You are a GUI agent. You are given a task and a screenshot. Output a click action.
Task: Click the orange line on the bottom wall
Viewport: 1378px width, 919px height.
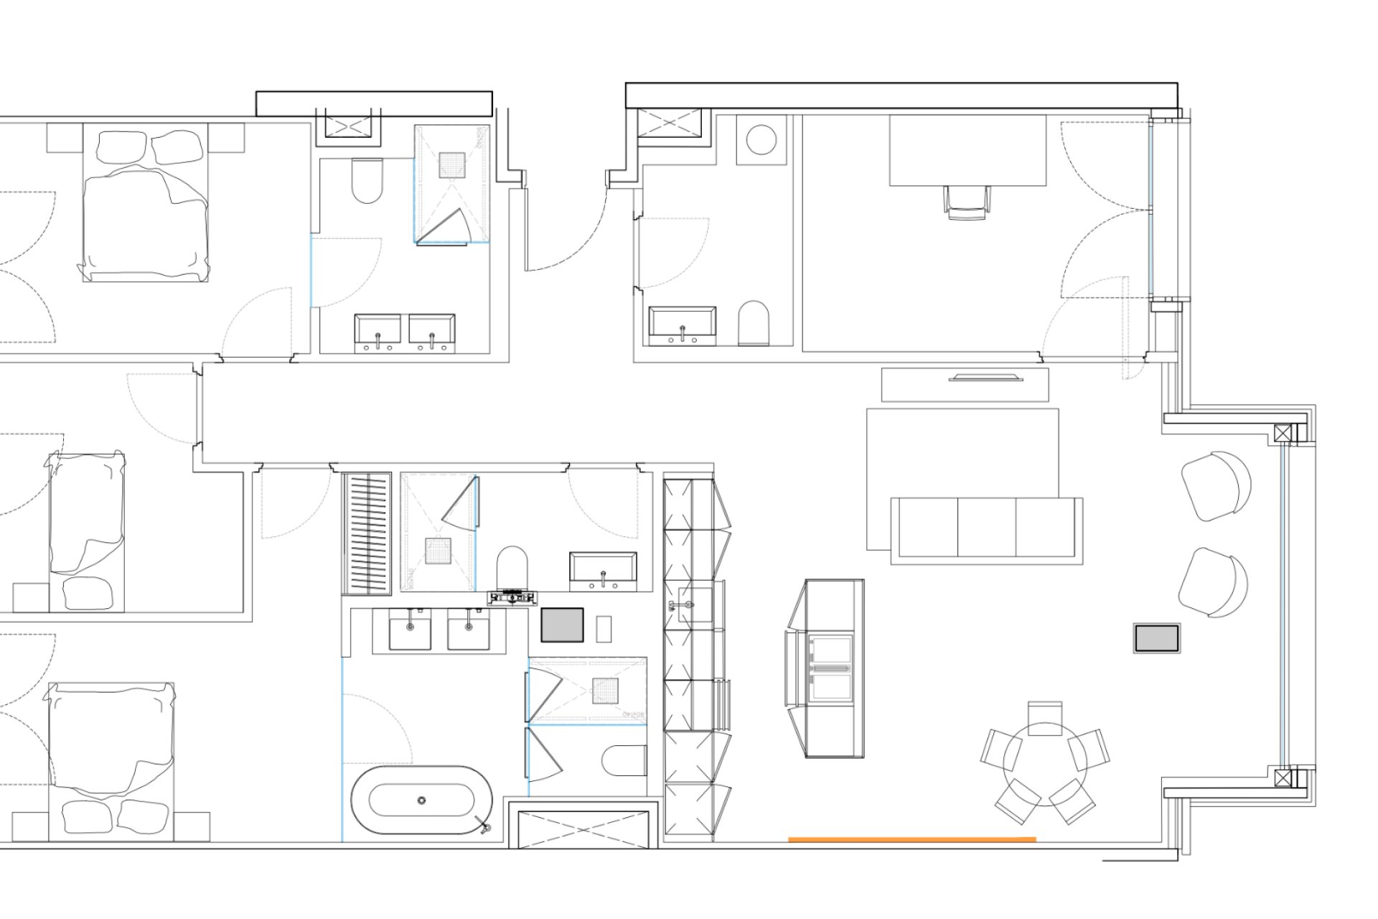(911, 839)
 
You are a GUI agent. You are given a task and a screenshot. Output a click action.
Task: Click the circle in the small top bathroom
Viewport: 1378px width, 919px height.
(761, 139)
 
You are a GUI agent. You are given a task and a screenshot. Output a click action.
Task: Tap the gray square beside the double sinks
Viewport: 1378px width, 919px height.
(561, 625)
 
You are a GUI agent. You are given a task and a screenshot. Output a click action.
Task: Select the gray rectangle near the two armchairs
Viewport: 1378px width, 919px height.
(1156, 638)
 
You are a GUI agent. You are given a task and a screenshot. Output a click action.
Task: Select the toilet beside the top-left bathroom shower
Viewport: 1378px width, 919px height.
(367, 181)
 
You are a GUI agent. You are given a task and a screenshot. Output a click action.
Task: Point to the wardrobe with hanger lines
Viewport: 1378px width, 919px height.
(366, 533)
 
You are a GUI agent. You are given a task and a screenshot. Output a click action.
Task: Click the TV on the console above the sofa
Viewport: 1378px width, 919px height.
(985, 378)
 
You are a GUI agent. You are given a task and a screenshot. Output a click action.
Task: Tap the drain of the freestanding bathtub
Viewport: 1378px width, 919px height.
(422, 800)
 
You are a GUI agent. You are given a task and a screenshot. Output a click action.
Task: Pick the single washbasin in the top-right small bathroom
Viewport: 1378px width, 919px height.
(682, 323)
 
